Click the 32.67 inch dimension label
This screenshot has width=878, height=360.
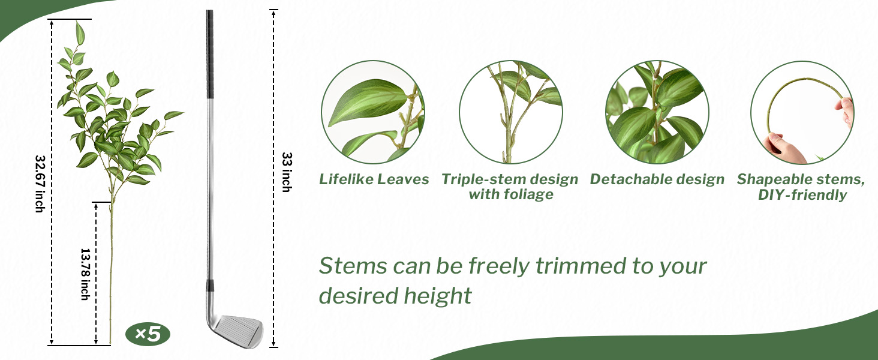[40, 184]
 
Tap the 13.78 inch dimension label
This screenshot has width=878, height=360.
[85, 275]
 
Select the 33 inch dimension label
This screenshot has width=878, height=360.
[287, 172]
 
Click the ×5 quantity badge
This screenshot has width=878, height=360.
[148, 335]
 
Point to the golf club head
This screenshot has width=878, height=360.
[237, 329]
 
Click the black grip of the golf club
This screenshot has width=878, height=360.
[210, 54]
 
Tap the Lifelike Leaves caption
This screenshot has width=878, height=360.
[374, 179]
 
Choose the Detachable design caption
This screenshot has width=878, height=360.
[657, 179]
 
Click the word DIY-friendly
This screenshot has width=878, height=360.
[802, 195]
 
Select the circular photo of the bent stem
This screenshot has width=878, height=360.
[802, 113]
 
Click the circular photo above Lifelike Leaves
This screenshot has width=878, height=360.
[373, 112]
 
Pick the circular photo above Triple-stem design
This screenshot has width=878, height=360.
[511, 112]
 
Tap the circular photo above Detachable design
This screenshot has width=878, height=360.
[657, 112]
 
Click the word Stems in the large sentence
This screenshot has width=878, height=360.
[353, 266]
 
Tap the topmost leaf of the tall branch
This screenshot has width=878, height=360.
[80, 33]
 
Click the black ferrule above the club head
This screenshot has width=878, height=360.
[211, 285]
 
